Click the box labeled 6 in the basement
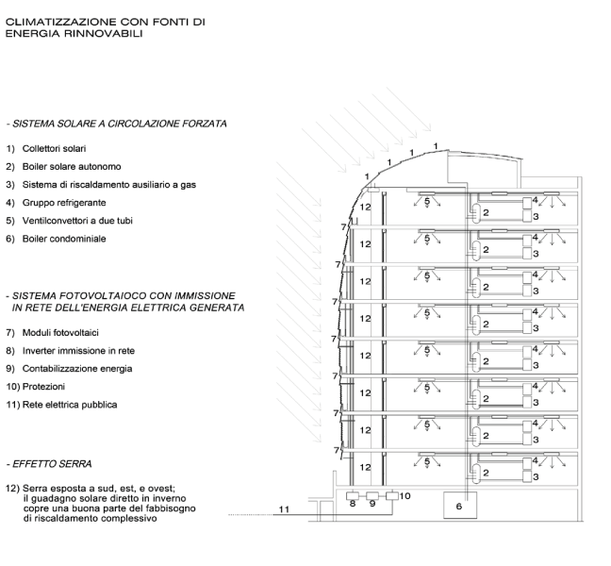[460, 506]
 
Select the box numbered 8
[353, 496]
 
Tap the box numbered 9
[372, 496]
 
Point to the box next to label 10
[392, 496]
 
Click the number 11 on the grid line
[284, 509]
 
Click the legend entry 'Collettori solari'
[54, 148]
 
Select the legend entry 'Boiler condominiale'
[64, 239]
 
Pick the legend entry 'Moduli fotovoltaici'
[60, 332]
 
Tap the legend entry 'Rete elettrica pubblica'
[70, 405]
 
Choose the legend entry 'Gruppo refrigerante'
[64, 203]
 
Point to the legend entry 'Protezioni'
[43, 387]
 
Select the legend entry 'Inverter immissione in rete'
[78, 351]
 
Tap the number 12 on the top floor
[365, 207]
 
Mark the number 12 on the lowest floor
[365, 467]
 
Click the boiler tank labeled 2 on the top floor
[476, 213]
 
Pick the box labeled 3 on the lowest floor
[527, 476]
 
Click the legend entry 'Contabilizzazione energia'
[77, 369]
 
